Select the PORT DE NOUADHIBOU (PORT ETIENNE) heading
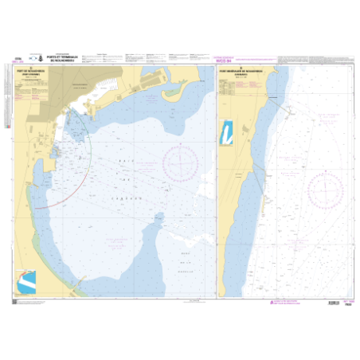[x=30, y=72]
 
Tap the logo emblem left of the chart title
[x=36, y=58]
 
